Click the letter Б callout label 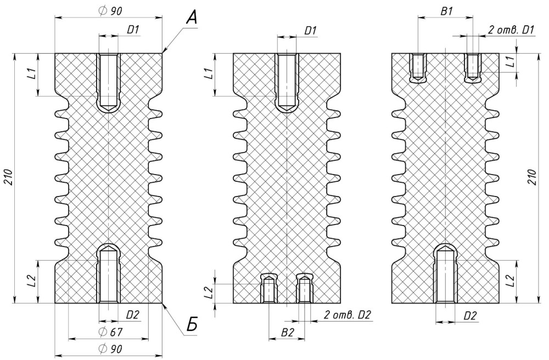click(192, 325)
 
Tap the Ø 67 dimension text click(111, 331)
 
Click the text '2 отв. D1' click(511, 30)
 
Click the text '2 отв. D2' click(347, 315)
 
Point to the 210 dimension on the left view click(9, 178)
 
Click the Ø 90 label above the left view click(111, 11)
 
